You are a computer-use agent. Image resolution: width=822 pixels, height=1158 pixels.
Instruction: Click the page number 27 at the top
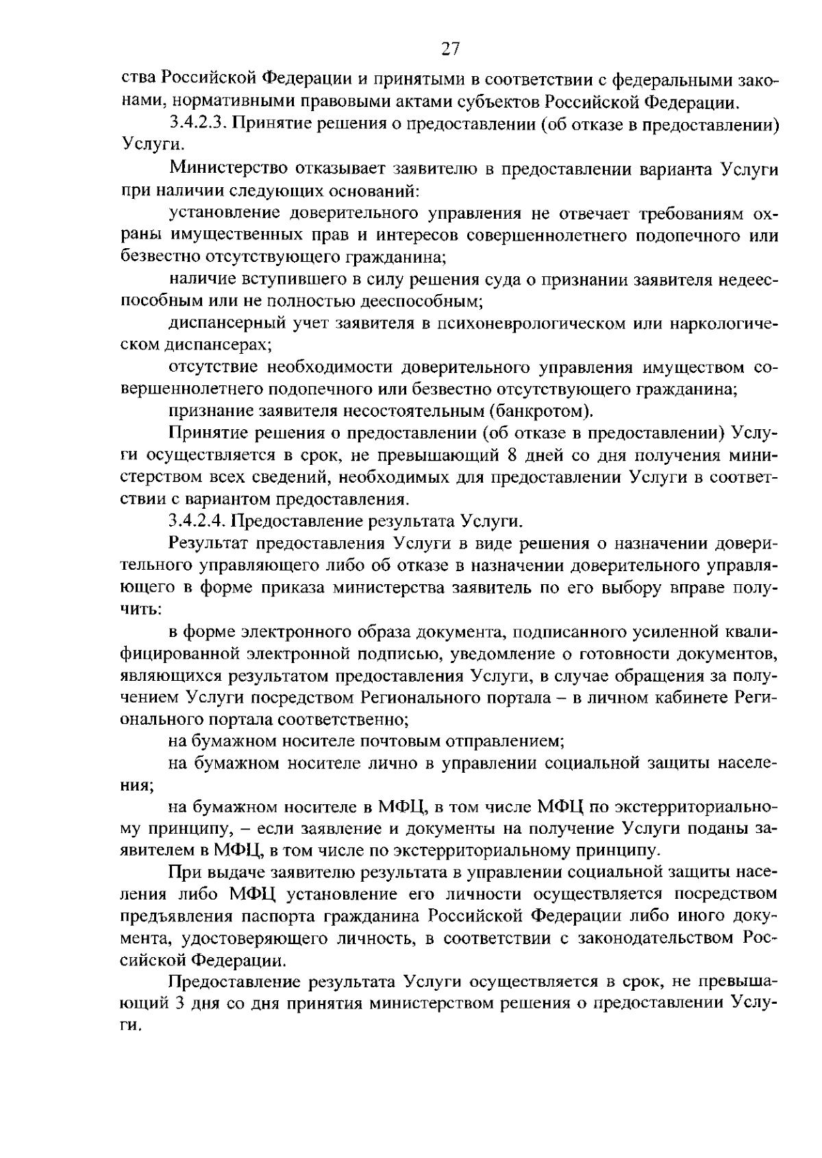tap(450, 48)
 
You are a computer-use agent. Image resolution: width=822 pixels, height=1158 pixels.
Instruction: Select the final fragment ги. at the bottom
tap(130, 1026)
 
